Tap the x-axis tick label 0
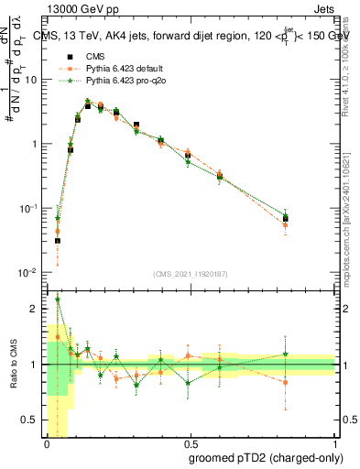point(46,444)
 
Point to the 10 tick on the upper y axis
point(32,80)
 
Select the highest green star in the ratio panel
point(58,299)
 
